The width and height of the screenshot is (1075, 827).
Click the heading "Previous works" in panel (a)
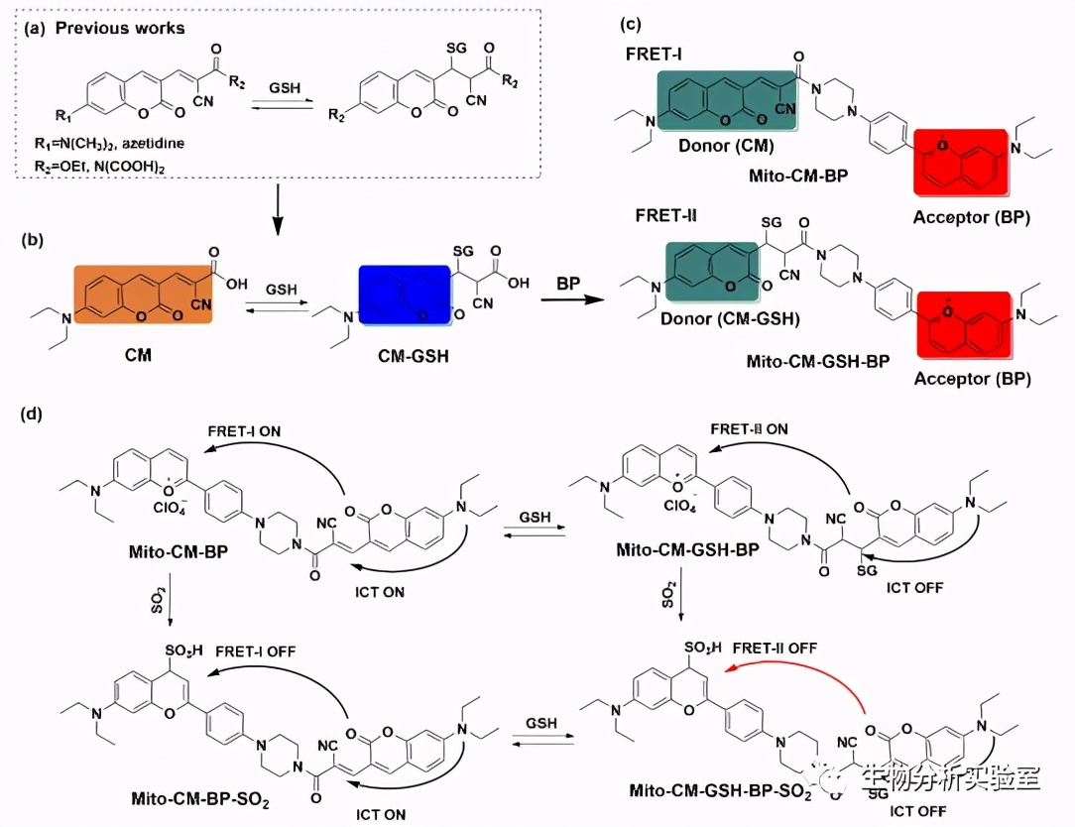[x=120, y=28]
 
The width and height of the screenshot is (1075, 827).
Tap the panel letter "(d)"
[x=31, y=411]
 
